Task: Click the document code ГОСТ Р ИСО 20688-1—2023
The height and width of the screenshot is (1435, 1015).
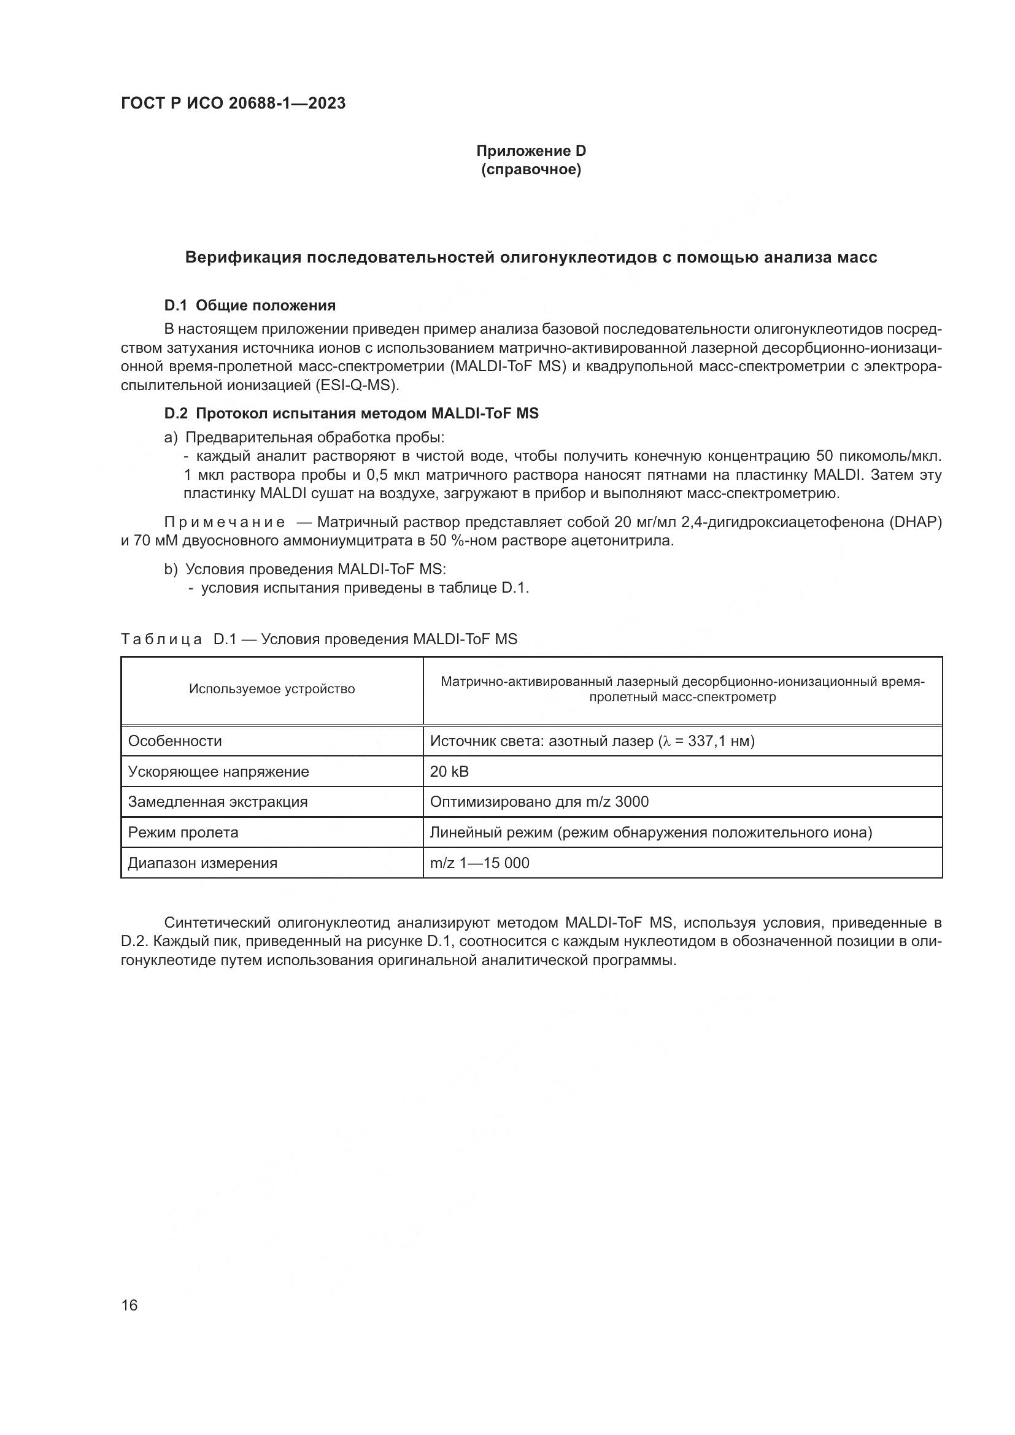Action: click(x=233, y=104)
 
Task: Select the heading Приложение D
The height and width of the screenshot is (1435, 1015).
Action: click(x=531, y=151)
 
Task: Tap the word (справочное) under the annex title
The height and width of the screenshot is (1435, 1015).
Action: click(x=531, y=170)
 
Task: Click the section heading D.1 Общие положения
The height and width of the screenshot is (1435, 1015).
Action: click(x=250, y=306)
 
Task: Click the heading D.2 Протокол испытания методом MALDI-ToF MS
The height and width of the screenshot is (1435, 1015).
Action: click(x=351, y=413)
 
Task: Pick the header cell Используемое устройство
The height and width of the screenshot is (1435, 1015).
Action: click(x=272, y=690)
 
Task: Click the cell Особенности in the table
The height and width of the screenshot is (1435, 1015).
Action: click(x=175, y=741)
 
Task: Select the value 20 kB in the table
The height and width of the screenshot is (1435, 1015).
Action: click(x=449, y=772)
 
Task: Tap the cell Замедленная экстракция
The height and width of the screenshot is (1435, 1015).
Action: click(x=217, y=802)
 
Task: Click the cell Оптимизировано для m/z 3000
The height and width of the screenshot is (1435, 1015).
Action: click(x=539, y=802)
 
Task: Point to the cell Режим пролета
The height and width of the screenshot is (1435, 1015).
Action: click(x=183, y=833)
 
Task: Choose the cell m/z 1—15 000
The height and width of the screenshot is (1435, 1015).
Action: click(x=479, y=863)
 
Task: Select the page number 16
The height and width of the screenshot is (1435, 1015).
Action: click(x=129, y=1306)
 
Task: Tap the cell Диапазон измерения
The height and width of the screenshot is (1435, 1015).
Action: click(x=203, y=863)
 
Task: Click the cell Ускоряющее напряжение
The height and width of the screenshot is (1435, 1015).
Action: click(x=218, y=772)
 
